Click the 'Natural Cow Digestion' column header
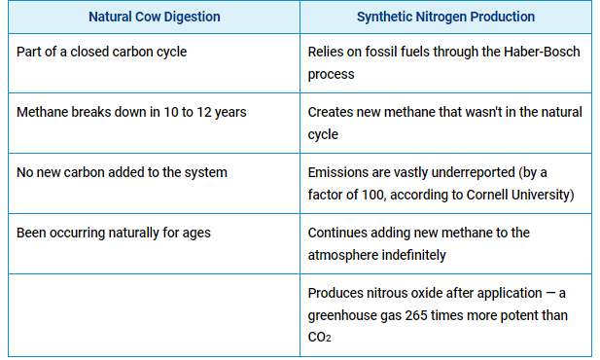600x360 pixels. click(x=155, y=17)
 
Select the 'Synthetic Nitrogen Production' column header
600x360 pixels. click(x=445, y=17)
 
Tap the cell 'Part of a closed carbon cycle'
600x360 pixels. click(x=102, y=52)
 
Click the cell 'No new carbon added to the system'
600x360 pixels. click(x=122, y=172)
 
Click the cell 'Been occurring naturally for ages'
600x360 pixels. click(x=114, y=233)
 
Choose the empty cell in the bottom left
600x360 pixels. click(x=155, y=315)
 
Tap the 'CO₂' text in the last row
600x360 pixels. click(x=319, y=338)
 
